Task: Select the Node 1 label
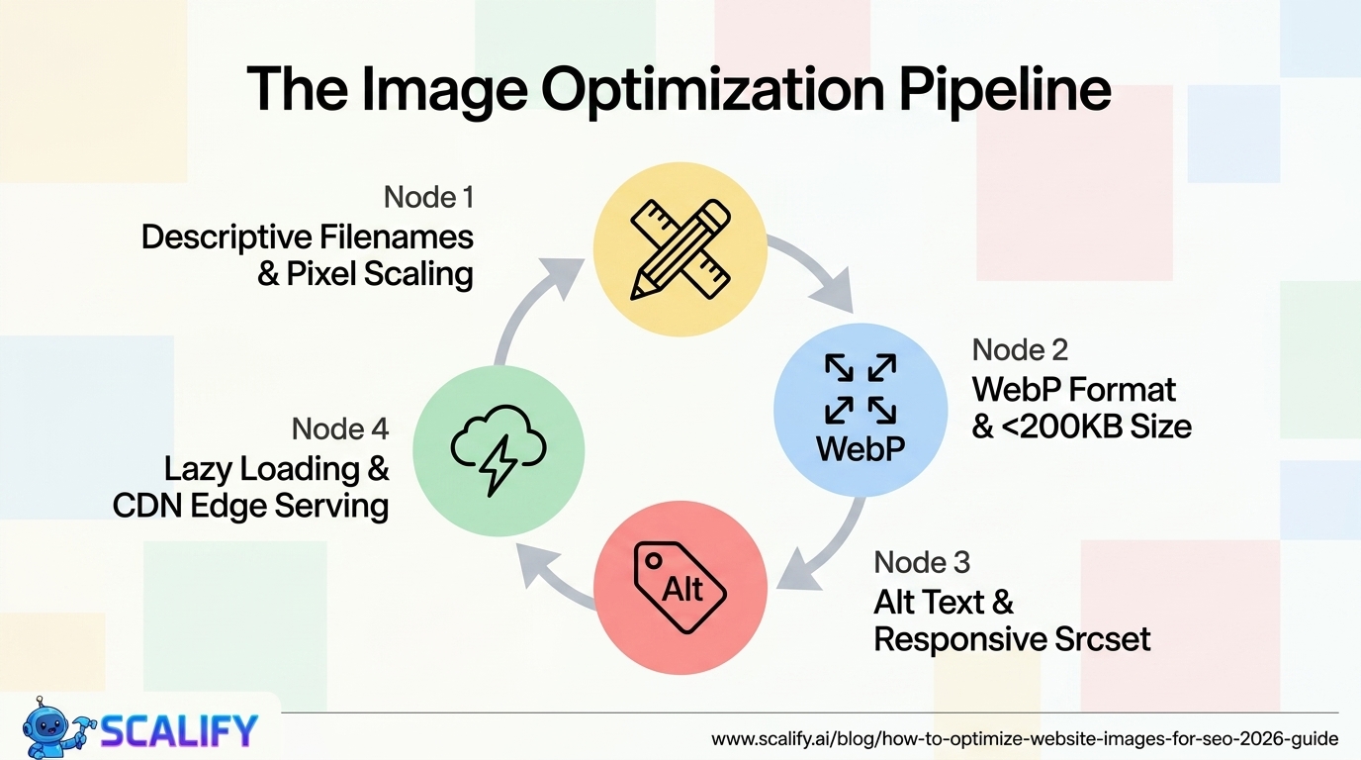click(x=428, y=198)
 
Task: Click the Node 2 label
click(x=1020, y=349)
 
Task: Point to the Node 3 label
click(x=922, y=562)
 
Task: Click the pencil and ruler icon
click(x=680, y=248)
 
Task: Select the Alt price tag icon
click(x=680, y=589)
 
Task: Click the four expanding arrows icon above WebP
click(x=861, y=388)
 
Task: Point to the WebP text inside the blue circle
click(x=861, y=448)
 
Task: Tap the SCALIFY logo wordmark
click(x=178, y=730)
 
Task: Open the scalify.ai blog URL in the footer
click(x=1025, y=739)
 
